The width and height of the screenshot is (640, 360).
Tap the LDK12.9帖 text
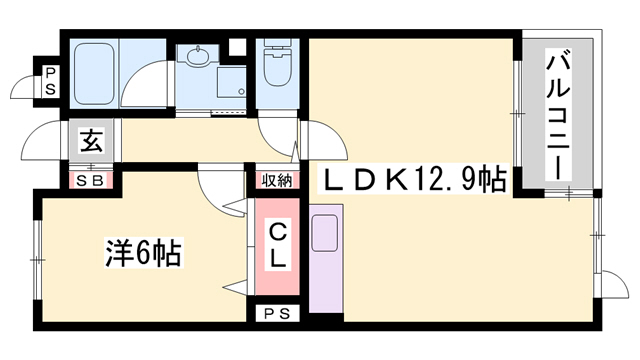click(410, 180)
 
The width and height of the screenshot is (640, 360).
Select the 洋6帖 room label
click(143, 253)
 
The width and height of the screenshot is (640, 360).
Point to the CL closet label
click(277, 243)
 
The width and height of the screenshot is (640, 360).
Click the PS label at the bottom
click(277, 314)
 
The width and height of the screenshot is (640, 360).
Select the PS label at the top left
click(49, 80)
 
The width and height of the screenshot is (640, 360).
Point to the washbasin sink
click(198, 57)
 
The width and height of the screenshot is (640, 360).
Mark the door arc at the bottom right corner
click(608, 280)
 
